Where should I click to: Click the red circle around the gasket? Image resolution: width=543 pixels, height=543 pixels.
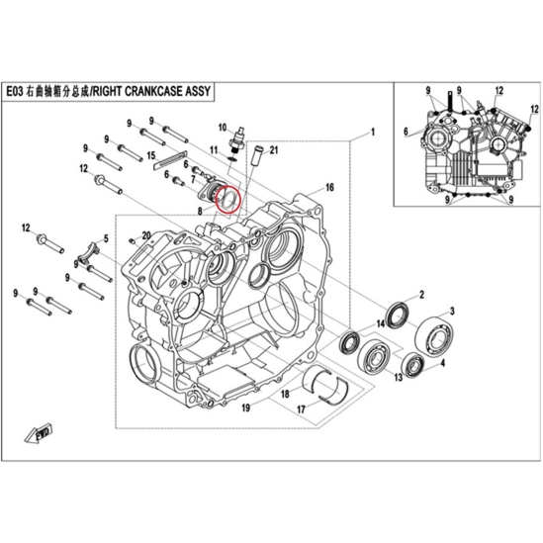[227, 189]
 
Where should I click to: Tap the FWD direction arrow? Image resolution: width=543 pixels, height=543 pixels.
[39, 433]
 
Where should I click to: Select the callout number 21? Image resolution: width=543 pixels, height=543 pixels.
[274, 150]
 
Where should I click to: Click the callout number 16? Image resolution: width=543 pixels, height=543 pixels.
[329, 187]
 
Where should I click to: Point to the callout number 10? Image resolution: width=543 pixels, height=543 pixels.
[222, 128]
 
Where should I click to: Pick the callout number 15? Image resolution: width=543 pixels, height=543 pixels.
[151, 155]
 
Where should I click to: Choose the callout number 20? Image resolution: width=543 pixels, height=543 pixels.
[146, 235]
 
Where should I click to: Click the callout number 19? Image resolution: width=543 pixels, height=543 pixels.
[245, 407]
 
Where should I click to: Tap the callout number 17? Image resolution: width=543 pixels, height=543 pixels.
[301, 409]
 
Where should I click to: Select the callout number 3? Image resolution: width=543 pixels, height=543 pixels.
[452, 311]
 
